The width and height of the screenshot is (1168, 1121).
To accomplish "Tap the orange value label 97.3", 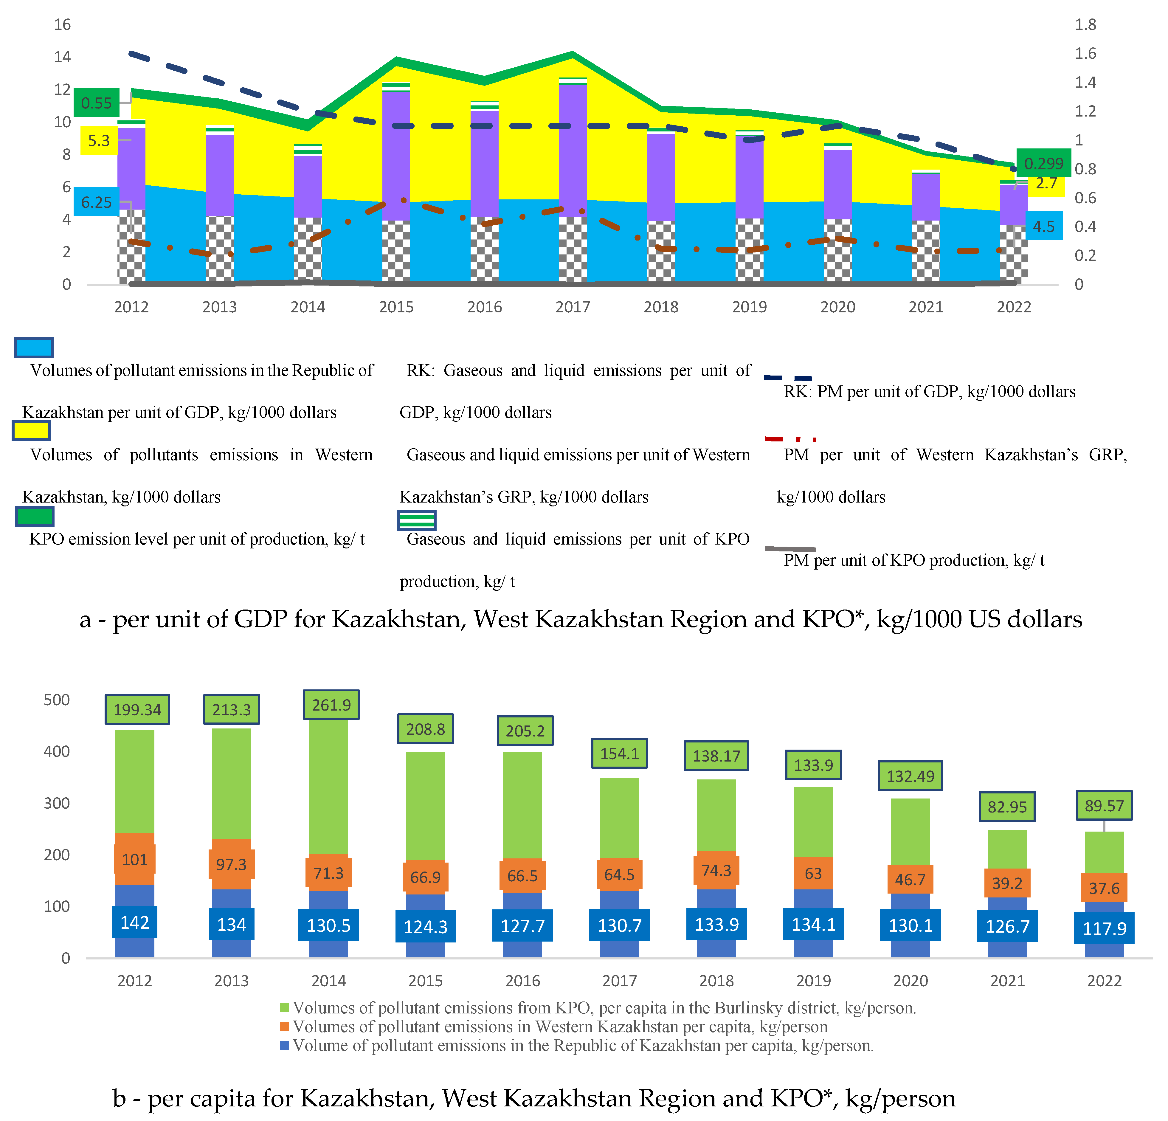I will click(231, 864).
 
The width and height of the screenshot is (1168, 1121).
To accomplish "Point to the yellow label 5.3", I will click(99, 141).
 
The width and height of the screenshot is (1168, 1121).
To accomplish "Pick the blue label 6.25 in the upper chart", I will click(96, 203).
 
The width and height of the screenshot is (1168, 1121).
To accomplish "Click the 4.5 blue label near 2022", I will click(1043, 227).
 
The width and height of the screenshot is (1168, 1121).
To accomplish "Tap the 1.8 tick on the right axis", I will click(1085, 24).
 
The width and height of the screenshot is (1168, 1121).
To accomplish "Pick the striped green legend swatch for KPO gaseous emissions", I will click(417, 520).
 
